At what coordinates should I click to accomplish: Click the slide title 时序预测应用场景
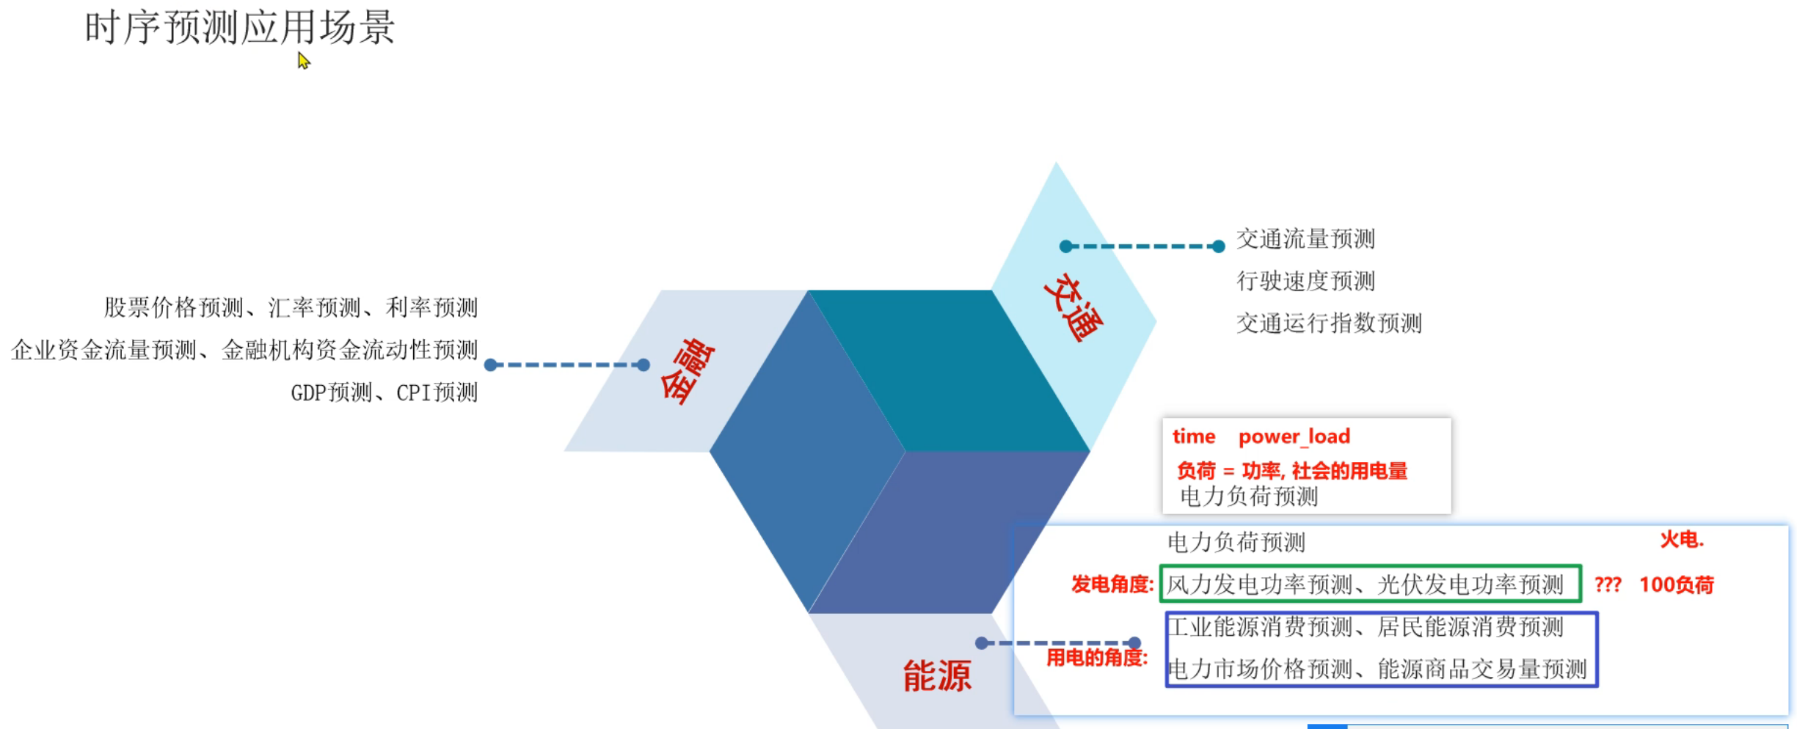click(240, 28)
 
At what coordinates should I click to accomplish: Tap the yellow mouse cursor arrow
click(303, 61)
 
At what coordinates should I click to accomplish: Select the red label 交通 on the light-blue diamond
click(1073, 308)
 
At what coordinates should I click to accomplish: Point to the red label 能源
click(936, 675)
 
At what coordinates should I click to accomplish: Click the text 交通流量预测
click(1305, 239)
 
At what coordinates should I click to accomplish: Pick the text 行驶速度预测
click(1305, 281)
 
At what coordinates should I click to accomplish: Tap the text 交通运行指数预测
click(1328, 323)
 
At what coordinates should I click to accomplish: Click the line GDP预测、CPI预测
click(384, 393)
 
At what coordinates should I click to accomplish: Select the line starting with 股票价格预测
click(291, 308)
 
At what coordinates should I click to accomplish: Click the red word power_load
click(1294, 437)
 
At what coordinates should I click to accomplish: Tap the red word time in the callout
click(1193, 437)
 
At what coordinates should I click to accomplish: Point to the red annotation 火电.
click(1681, 541)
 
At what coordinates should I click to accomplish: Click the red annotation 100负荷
click(1676, 585)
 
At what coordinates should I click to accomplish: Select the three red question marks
click(1607, 585)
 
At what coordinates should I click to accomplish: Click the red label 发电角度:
click(1112, 585)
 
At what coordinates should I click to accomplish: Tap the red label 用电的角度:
click(1096, 658)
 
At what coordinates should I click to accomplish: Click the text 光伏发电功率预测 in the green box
click(1470, 585)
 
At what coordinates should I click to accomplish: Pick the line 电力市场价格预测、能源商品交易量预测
click(1377, 670)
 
